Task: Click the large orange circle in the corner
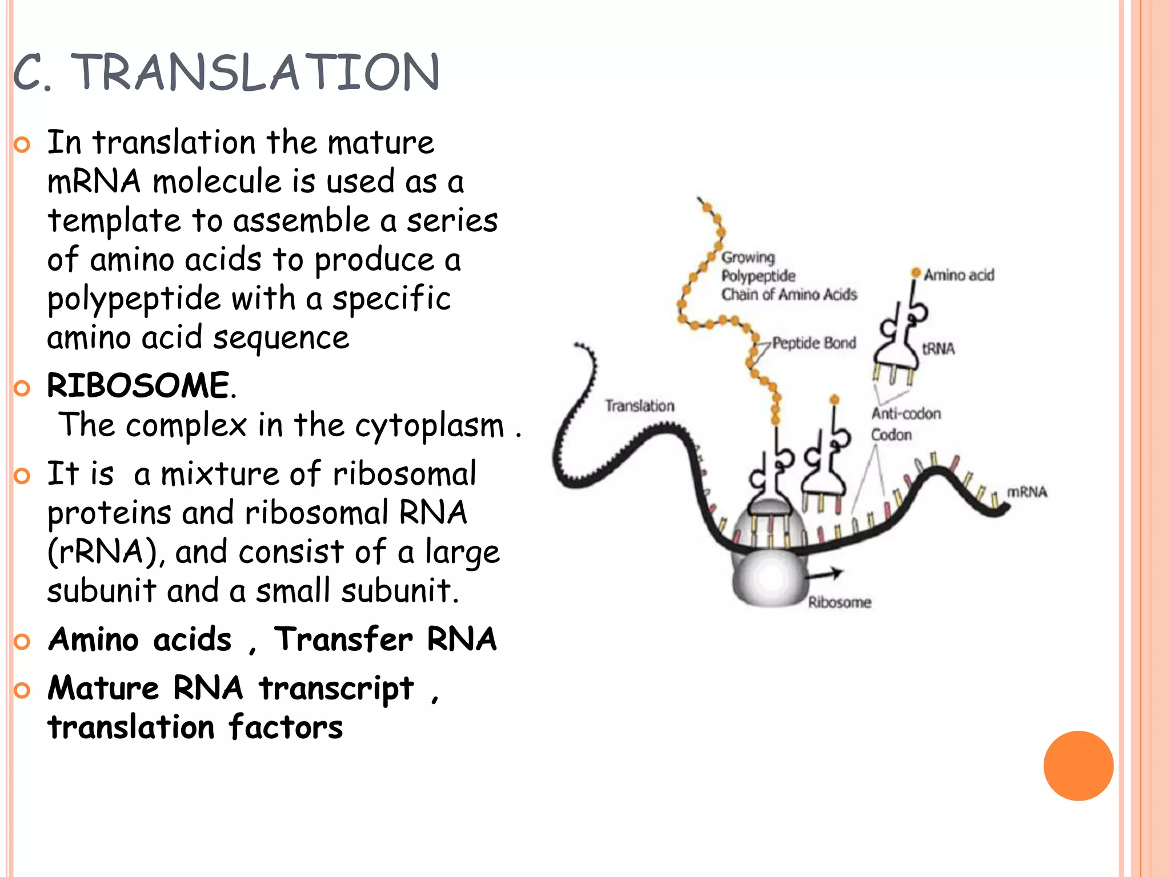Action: [1078, 766]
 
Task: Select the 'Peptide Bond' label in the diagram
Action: [814, 343]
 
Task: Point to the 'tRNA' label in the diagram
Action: [938, 349]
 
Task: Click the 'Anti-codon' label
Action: [905, 413]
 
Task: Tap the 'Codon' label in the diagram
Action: [891, 435]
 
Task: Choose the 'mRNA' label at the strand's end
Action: [1027, 492]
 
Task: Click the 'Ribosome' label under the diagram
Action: [839, 602]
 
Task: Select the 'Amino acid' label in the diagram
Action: [959, 275]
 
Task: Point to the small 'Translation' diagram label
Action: [639, 406]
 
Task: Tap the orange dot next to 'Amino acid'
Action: [916, 272]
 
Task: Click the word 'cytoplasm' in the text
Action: [430, 425]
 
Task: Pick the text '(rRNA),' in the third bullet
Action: [106, 552]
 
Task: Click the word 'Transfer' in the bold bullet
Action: [343, 639]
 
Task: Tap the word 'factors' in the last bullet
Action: [286, 727]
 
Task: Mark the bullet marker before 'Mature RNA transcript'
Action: [22, 690]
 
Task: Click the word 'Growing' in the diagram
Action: [748, 258]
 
